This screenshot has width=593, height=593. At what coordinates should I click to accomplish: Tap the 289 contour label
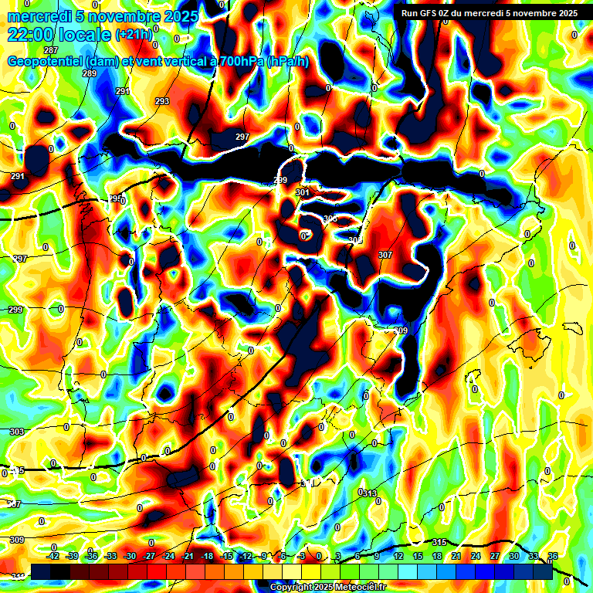pos(90,73)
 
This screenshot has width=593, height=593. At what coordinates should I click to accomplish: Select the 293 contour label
pos(162,101)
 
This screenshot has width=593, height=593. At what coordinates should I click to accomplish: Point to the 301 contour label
pos(303,192)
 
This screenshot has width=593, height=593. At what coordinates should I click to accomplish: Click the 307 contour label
pos(385,255)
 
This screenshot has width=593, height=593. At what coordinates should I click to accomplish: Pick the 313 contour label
pos(370,493)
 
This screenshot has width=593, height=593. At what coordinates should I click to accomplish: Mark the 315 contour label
pos(440,542)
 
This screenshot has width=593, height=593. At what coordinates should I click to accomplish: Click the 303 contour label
pos(17,432)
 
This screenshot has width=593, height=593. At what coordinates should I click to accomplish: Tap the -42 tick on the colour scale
pos(53,556)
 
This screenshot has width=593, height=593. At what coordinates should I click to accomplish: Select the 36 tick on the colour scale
pos(553,556)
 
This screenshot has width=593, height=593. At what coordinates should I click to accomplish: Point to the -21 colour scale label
pos(188,556)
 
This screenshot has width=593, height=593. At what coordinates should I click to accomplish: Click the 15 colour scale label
pos(418,556)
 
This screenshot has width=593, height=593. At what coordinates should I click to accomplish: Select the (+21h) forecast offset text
pos(134,34)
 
